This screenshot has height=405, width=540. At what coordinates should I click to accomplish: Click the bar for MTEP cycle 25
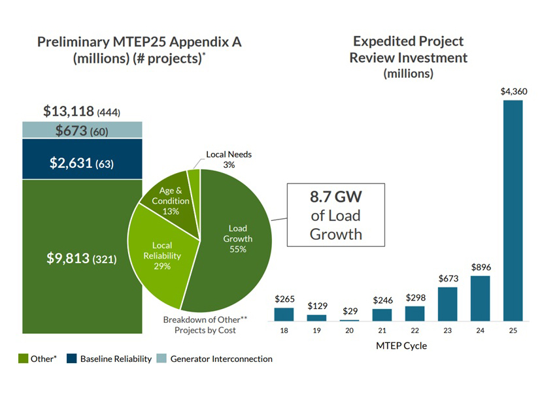[513, 210]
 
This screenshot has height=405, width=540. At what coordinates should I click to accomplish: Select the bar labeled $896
[480, 299]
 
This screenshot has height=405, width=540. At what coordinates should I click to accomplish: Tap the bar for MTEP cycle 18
[284, 314]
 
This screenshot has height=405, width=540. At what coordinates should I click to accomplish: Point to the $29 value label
[350, 311]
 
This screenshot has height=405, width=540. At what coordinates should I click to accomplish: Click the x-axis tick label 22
[414, 331]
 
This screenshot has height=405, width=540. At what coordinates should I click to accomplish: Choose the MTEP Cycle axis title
[401, 346]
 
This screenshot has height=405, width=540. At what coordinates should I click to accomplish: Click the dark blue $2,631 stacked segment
[82, 159]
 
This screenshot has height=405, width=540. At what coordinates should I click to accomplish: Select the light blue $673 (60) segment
[82, 130]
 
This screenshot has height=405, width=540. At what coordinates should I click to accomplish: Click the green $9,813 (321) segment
[82, 257]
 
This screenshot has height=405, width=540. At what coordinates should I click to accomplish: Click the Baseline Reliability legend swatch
[72, 359]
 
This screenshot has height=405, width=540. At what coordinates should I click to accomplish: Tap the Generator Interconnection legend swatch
[161, 359]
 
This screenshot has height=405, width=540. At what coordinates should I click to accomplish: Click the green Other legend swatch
[23, 359]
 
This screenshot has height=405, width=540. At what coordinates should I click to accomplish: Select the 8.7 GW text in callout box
[336, 197]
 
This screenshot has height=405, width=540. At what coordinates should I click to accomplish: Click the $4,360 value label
[514, 91]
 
